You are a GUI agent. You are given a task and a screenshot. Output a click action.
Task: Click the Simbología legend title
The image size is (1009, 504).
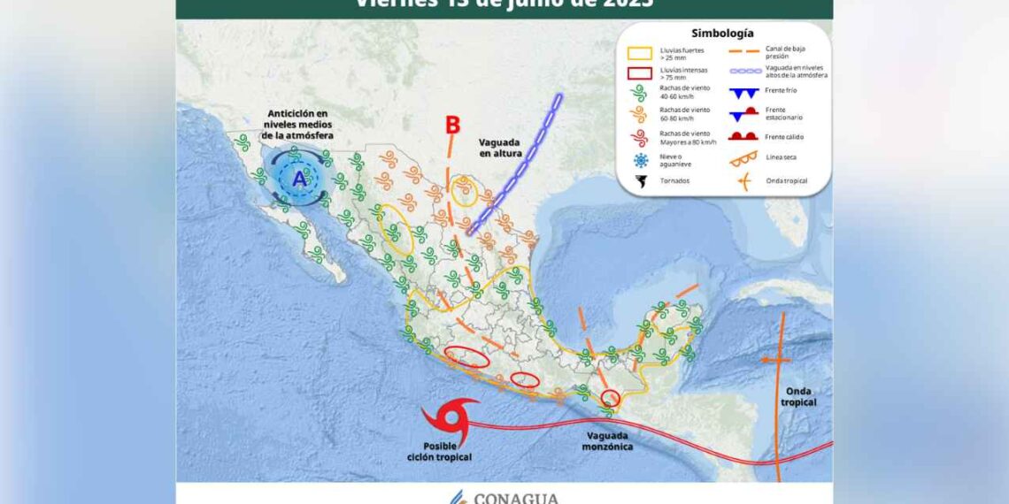tap(722, 33)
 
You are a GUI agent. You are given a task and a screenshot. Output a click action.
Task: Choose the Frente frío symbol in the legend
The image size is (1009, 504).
tap(742, 94)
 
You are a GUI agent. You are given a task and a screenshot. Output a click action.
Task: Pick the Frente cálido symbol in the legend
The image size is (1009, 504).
tap(742, 136)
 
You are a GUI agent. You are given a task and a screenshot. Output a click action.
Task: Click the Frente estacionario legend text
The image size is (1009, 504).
tap(784, 114)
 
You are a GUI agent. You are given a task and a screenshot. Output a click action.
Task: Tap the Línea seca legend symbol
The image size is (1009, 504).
tap(742, 158)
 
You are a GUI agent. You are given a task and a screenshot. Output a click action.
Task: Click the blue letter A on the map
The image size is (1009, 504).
tap(299, 179)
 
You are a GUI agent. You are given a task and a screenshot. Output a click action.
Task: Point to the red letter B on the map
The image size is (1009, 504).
tap(452, 126)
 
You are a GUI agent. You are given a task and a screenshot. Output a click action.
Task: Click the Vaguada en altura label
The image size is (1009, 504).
tap(501, 147)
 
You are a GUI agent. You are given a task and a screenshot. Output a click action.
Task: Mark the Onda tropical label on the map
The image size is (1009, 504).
tap(798, 397)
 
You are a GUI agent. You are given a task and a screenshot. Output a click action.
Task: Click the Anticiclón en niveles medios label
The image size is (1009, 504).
tap(297, 125)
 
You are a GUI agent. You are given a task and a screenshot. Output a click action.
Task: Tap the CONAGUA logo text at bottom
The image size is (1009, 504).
tap(516, 498)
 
